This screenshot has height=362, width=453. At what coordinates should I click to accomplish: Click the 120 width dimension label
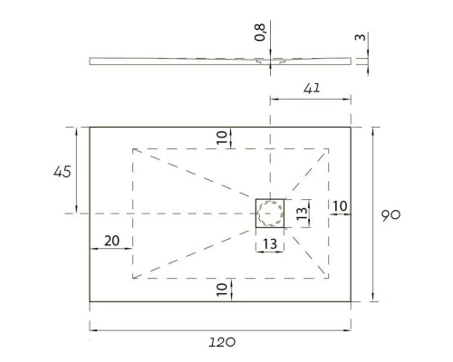pyautogui.click(x=222, y=343)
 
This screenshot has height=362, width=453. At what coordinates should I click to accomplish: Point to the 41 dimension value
pyautogui.click(x=313, y=88)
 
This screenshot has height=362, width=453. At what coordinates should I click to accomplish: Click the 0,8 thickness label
pyautogui.click(x=261, y=33)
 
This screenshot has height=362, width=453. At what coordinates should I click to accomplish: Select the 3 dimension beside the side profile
pyautogui.click(x=361, y=39)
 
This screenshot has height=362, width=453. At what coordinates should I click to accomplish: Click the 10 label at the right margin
pyautogui.click(x=340, y=206)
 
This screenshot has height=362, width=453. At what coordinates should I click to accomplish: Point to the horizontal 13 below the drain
pyautogui.click(x=270, y=243)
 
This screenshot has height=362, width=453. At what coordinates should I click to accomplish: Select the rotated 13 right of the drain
pyautogui.click(x=304, y=214)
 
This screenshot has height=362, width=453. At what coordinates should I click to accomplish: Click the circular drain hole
pyautogui.click(x=270, y=214)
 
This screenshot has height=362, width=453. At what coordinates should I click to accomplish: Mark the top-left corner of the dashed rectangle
pyautogui.click(x=133, y=148)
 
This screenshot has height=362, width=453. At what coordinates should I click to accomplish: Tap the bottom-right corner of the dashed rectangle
pyautogui.click(x=328, y=278)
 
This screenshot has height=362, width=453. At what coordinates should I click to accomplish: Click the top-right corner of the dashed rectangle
pyautogui.click(x=328, y=148)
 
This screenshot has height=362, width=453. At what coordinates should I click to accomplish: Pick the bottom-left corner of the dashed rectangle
pyautogui.click(x=133, y=278)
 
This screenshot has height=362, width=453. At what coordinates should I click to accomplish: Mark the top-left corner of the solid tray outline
pyautogui.click(x=90, y=127)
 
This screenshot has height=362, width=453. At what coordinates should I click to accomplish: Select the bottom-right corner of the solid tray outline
pyautogui.click(x=352, y=302)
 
